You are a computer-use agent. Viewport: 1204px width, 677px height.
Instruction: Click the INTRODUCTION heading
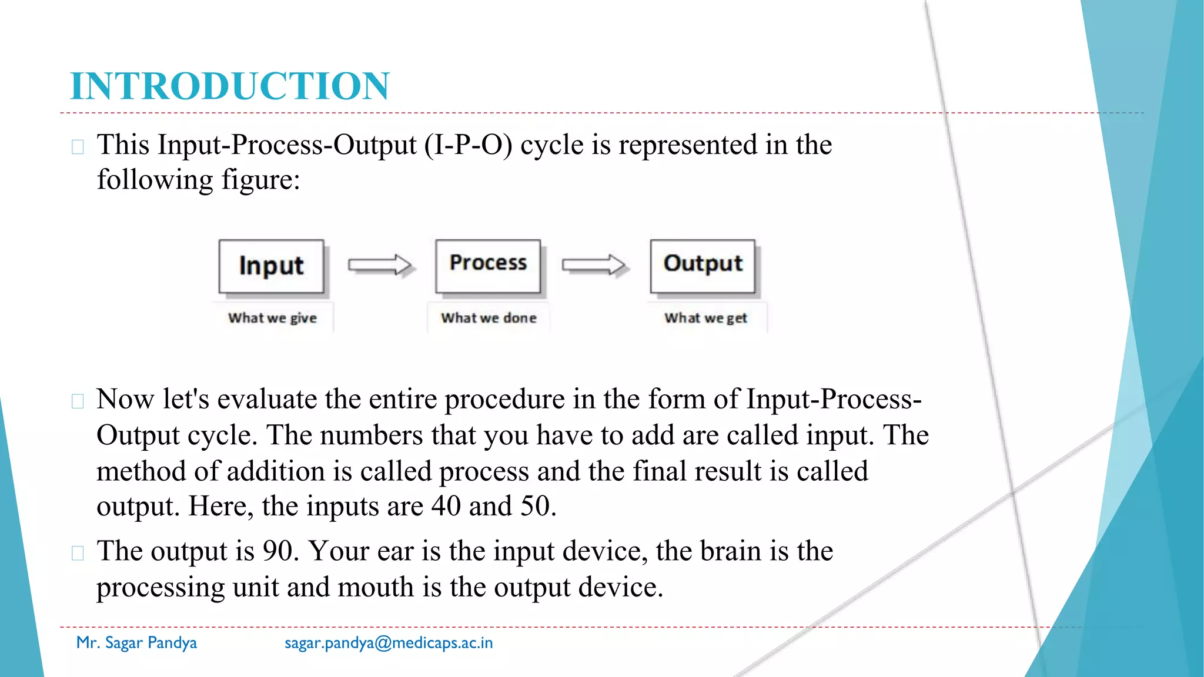pyautogui.click(x=229, y=86)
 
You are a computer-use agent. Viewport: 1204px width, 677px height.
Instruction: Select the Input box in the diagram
pyautogui.click(x=271, y=266)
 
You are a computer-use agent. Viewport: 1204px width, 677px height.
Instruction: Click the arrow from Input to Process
pyautogui.click(x=380, y=265)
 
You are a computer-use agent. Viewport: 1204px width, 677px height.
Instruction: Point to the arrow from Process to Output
pyautogui.click(x=594, y=265)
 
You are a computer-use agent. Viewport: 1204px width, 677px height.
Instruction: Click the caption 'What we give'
pyautogui.click(x=272, y=318)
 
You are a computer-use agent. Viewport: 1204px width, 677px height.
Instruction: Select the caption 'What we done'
pyautogui.click(x=489, y=318)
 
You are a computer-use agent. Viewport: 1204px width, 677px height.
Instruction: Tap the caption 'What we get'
pyautogui.click(x=705, y=318)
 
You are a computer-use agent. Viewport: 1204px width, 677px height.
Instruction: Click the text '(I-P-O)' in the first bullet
pyautogui.click(x=468, y=145)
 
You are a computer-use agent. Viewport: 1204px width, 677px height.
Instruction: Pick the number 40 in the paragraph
pyautogui.click(x=446, y=506)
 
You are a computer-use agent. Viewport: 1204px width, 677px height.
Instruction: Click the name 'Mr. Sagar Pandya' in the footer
pyautogui.click(x=136, y=643)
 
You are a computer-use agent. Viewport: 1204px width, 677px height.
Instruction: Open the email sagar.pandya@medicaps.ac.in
pyautogui.click(x=389, y=643)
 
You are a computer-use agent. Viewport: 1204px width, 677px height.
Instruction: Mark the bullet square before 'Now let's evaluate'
pyautogui.click(x=78, y=401)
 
